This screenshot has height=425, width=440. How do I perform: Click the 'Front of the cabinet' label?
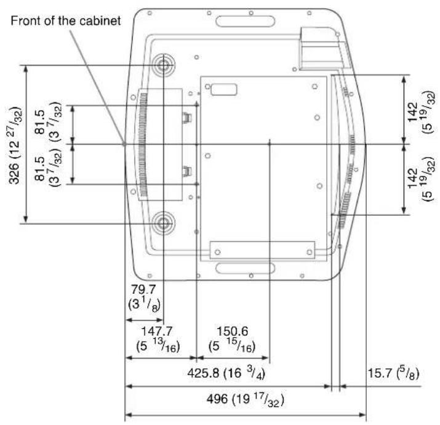(66, 21)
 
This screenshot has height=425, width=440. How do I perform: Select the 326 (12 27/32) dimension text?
(15, 145)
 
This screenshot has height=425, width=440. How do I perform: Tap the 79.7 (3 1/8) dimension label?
(144, 297)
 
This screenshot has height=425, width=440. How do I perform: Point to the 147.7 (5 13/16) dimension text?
(158, 339)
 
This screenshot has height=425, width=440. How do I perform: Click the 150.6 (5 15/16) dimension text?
(232, 339)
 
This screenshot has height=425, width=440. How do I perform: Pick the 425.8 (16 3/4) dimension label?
(226, 373)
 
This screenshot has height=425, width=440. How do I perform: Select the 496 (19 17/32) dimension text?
(246, 399)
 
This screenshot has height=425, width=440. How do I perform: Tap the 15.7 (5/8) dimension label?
(393, 373)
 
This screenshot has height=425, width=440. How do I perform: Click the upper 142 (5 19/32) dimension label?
(422, 112)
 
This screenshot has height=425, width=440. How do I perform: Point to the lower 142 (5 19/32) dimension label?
(422, 178)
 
